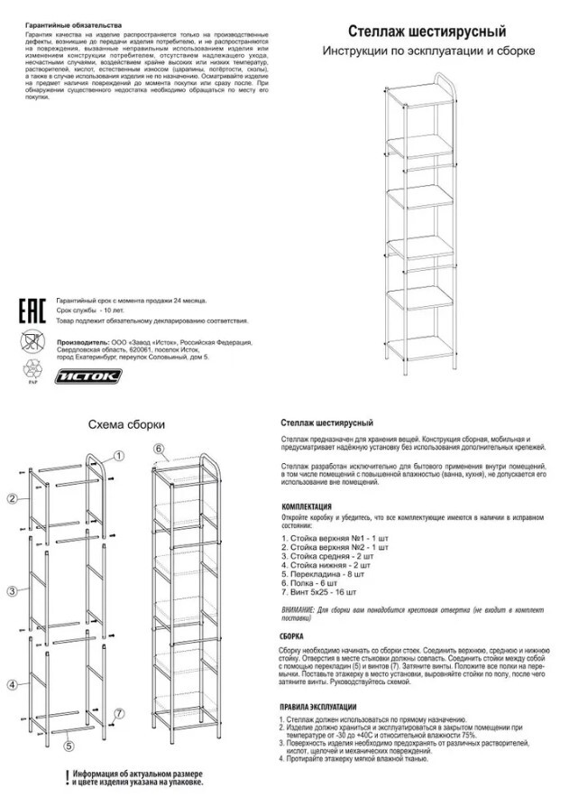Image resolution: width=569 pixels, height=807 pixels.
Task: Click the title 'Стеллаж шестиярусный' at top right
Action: pyautogui.click(x=427, y=32)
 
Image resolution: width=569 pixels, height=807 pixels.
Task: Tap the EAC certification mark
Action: pyautogui.click(x=32, y=309)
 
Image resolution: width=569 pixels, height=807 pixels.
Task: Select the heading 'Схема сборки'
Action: pyautogui.click(x=126, y=423)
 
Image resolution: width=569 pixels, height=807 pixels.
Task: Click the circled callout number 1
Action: pyautogui.click(x=119, y=457)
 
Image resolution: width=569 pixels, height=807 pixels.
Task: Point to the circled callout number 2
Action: pyautogui.click(x=13, y=499)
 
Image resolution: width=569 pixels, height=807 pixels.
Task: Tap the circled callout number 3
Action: pyautogui.click(x=13, y=591)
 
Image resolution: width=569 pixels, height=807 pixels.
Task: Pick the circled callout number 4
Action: pyautogui.click(x=13, y=685)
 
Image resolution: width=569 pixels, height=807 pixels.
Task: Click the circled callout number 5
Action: pyautogui.click(x=68, y=747)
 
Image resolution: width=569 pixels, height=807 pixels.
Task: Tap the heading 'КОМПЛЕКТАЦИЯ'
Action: pyautogui.click(x=307, y=506)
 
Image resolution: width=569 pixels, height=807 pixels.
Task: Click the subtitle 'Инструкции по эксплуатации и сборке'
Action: pyautogui.click(x=428, y=51)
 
